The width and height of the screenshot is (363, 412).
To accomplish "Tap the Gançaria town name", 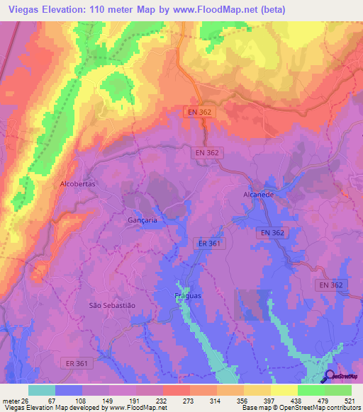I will point(142,220).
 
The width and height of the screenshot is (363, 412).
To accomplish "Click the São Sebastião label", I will point(111,304).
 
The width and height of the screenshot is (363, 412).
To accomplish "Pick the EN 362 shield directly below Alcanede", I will point(271,232).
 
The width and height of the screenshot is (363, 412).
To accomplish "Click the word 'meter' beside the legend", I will point(10,401).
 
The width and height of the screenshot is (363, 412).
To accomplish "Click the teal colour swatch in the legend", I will point(42,390).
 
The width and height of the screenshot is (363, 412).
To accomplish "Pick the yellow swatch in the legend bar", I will point(284,390).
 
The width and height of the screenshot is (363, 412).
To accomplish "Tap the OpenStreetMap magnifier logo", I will point(330,377).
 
